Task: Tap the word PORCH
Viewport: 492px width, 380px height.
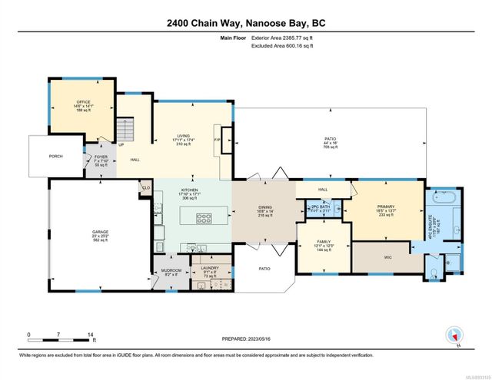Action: [x=55, y=156]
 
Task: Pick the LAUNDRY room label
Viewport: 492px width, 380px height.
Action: [x=205, y=269]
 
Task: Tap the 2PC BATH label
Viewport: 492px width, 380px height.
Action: [x=320, y=208]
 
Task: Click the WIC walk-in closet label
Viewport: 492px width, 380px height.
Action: [x=378, y=258]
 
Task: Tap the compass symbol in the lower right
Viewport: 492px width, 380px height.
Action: [x=455, y=335]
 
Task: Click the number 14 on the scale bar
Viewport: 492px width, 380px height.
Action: [x=91, y=335]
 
